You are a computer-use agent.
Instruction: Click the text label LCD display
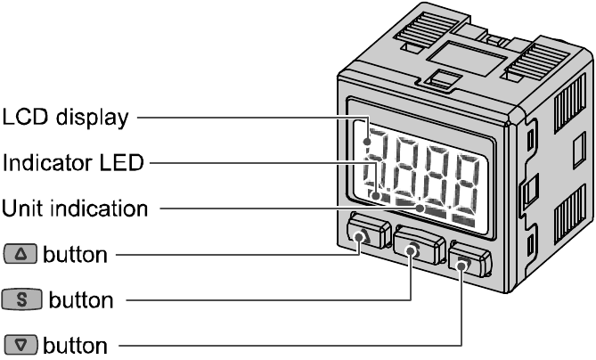pos(65,117)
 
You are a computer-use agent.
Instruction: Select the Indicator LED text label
pos(73,163)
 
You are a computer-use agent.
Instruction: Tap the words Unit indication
pos(74,209)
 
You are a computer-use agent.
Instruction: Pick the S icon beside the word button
pos(22,300)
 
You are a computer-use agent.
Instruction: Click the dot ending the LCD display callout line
pos(366,140)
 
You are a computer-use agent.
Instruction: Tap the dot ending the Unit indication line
pos(420,209)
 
